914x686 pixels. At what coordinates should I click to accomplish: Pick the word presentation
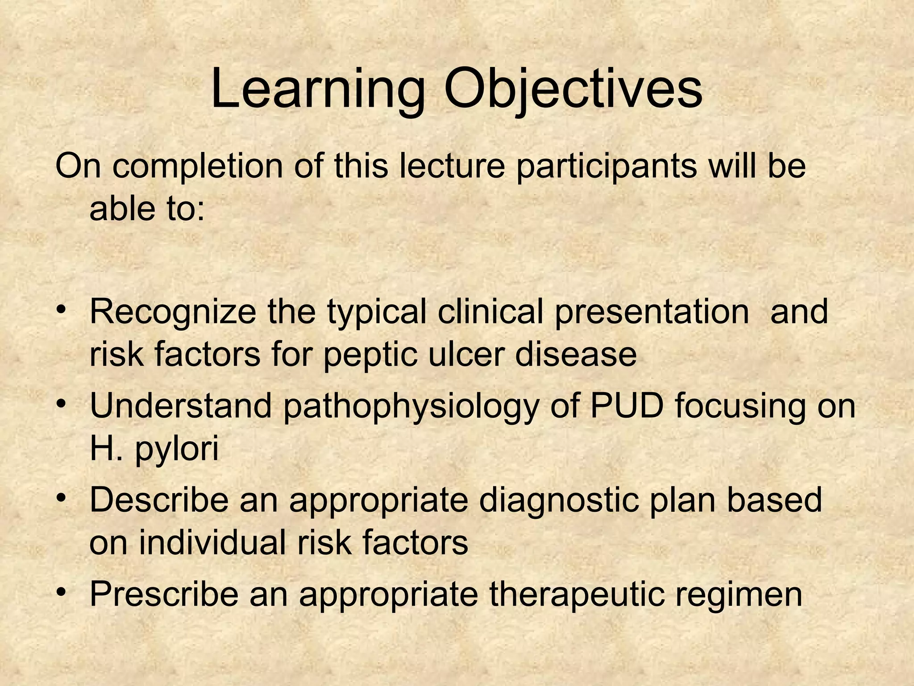(652, 313)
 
